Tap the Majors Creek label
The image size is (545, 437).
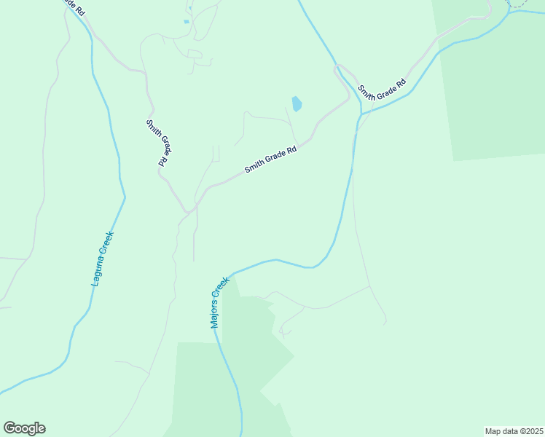coord(220,302)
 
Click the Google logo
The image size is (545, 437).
coord(24,428)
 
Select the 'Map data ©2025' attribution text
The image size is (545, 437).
coord(513,431)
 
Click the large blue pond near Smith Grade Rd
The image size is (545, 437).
coord(297,104)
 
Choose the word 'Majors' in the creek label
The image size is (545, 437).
coord(216,311)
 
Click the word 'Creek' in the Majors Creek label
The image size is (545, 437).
coord(224,288)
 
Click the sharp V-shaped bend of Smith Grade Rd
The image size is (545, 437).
coord(188,213)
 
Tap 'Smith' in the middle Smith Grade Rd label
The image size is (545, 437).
coord(254,168)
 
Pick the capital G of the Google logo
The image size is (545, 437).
coord(9,428)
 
